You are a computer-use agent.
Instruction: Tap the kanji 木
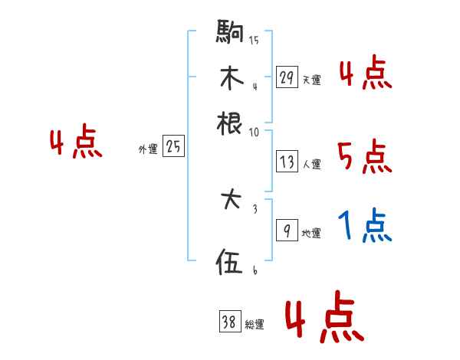[x=230, y=78]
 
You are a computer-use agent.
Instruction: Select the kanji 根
[x=230, y=123]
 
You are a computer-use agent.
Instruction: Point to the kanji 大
[x=230, y=202]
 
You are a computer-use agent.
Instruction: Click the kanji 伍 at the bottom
[x=230, y=263]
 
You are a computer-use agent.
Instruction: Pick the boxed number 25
[x=173, y=148]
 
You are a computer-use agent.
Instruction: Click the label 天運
[x=311, y=80]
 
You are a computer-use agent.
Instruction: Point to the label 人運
[x=311, y=163]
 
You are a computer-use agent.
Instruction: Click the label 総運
[x=255, y=325]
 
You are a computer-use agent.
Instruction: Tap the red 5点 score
[x=364, y=157]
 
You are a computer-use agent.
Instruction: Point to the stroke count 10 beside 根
[x=254, y=132]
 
